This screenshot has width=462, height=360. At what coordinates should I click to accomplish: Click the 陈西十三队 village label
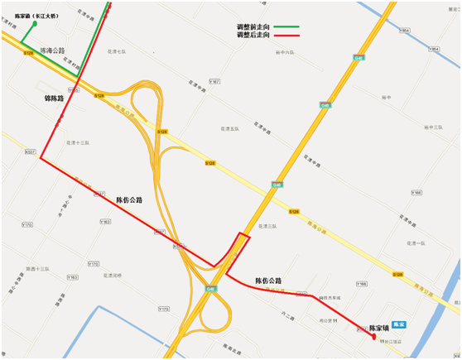click(37, 269)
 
